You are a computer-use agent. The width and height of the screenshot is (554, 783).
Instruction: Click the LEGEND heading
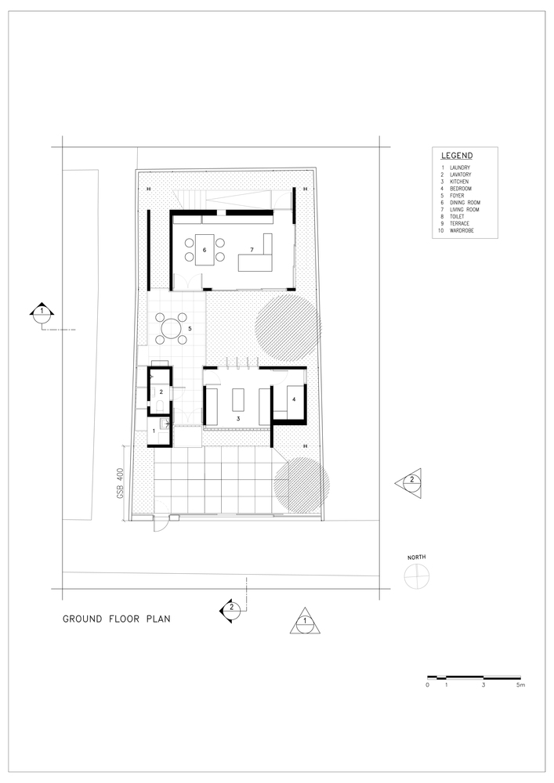point(457,156)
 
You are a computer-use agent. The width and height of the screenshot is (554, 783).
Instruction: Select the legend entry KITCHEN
point(459,182)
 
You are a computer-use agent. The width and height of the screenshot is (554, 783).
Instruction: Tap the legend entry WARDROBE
point(462,231)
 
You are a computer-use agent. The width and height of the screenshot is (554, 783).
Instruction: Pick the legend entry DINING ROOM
point(465,203)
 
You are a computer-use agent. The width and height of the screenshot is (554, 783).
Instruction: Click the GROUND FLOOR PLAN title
point(117,619)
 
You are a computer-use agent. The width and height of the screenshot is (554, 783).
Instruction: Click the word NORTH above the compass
point(417,557)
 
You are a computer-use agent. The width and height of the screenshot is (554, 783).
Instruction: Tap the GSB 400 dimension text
point(121,483)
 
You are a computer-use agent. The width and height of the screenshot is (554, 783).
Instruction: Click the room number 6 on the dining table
point(205,250)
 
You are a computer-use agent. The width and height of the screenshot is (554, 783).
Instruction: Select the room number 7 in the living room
point(252,250)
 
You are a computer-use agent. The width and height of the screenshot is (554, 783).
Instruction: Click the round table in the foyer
point(171,328)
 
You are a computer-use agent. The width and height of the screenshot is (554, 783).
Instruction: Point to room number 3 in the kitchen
point(238,418)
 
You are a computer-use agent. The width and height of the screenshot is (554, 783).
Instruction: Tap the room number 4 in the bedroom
point(294,399)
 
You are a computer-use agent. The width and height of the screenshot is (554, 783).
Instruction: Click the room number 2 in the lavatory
point(161,392)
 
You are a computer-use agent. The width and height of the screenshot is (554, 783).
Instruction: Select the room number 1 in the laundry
point(154,430)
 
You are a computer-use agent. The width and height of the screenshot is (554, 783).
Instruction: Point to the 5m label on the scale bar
point(521,685)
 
